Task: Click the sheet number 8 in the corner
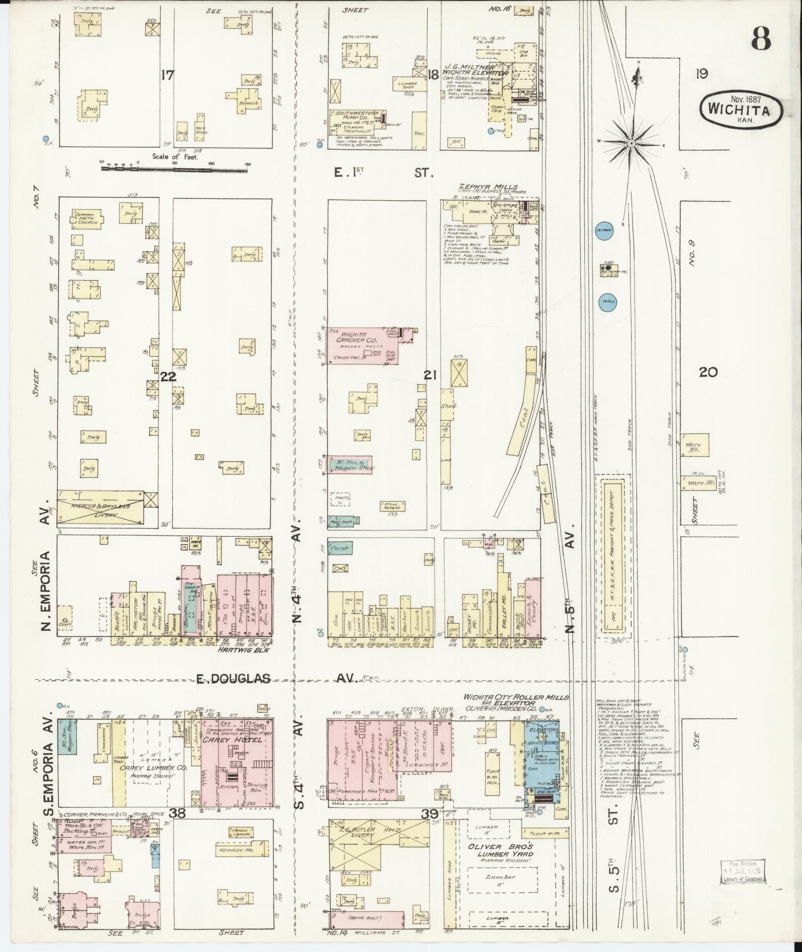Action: click(761, 38)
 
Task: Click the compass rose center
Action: click(631, 143)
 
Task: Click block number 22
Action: click(168, 377)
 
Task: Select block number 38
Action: click(177, 813)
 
